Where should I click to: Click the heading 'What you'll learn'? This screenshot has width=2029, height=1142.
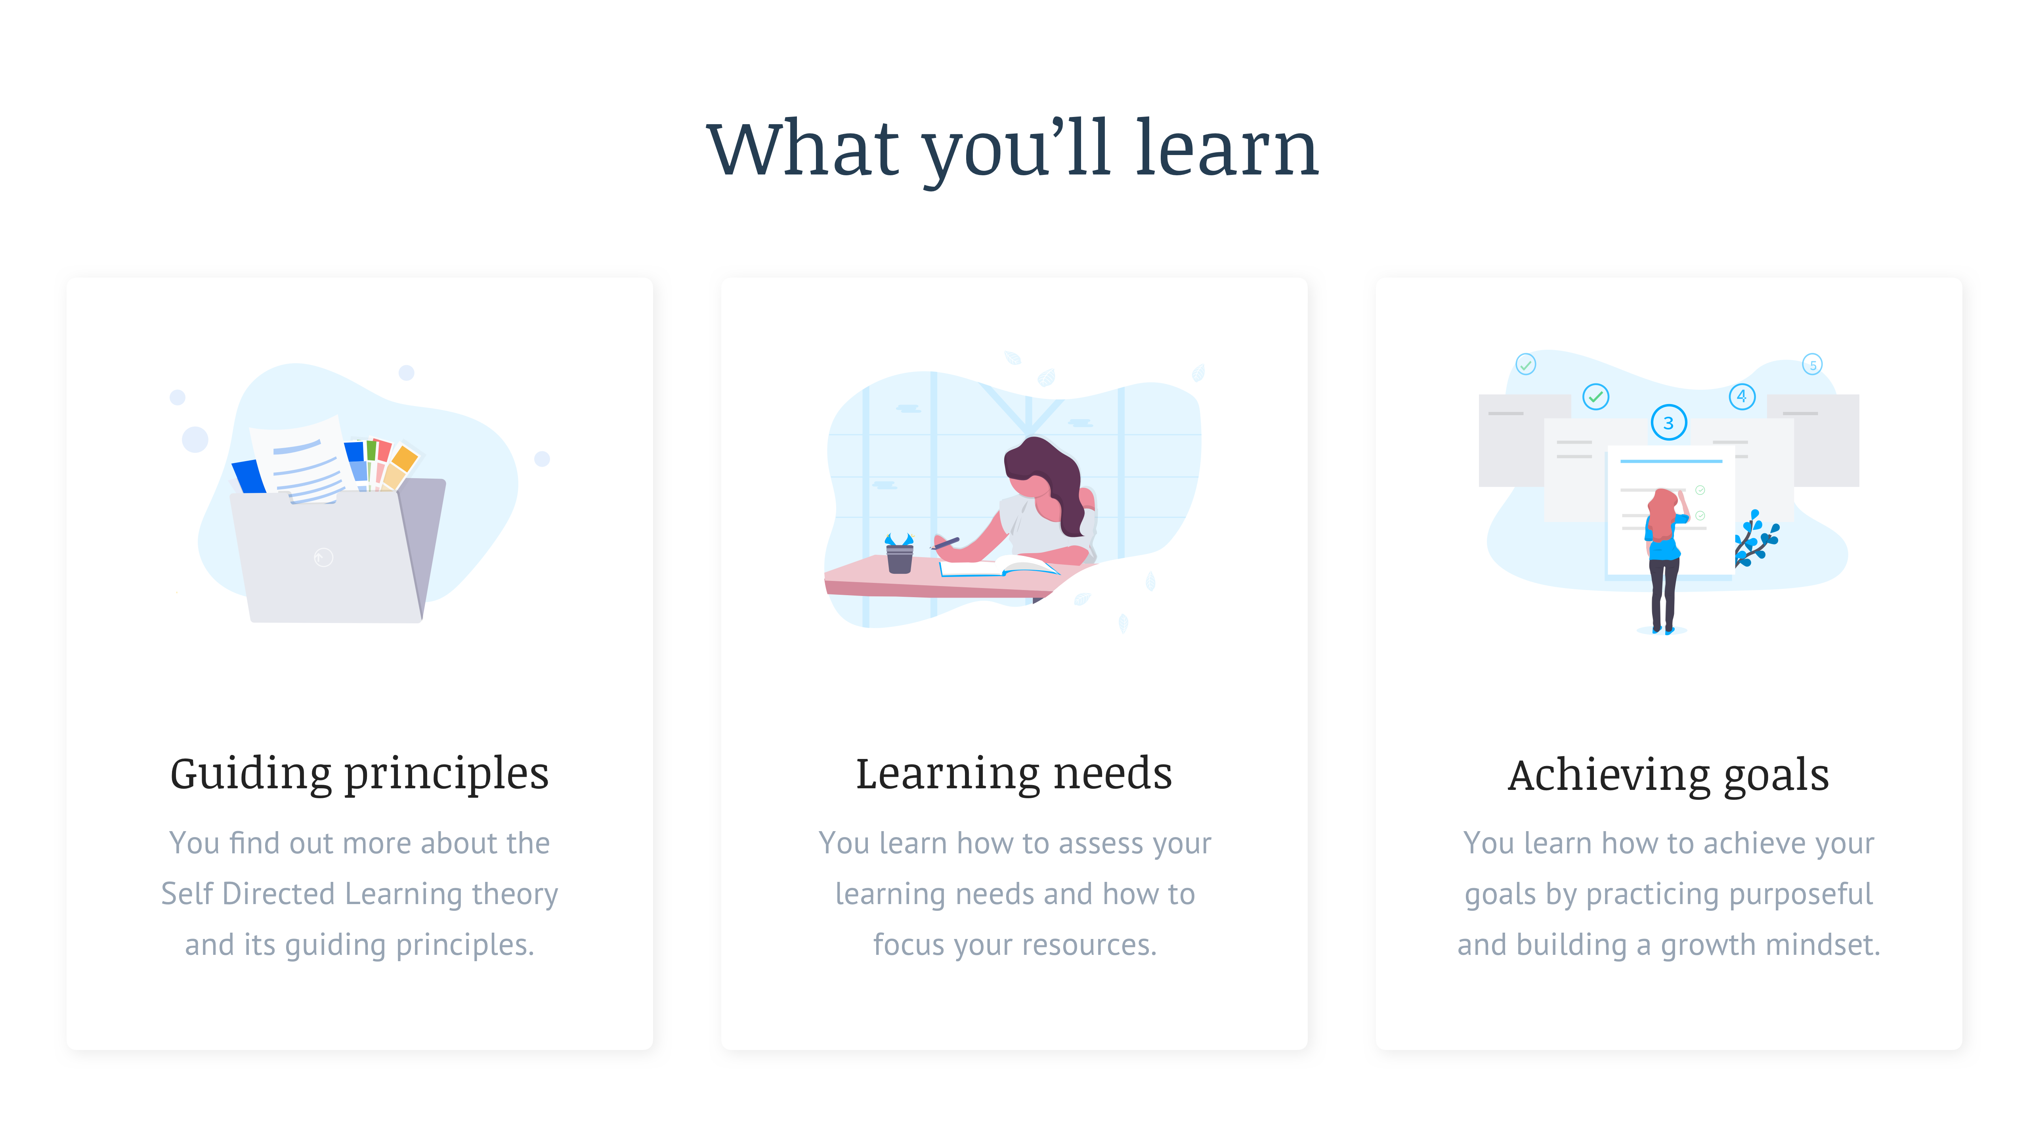click(1013, 148)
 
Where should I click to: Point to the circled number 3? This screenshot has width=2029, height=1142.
click(1668, 423)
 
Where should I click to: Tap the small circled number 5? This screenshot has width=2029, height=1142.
click(1812, 365)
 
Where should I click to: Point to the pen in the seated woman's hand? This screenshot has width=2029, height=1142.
click(945, 542)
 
